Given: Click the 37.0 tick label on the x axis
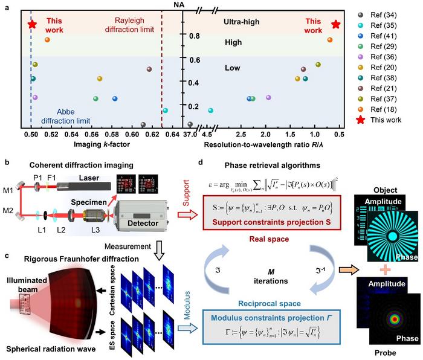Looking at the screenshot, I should point(190,133).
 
